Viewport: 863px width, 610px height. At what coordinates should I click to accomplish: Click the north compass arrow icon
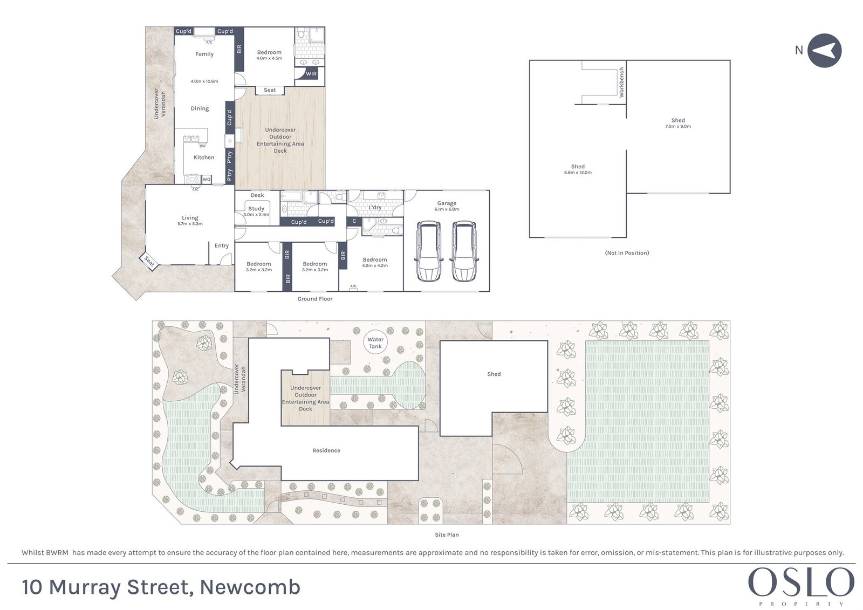[824, 51]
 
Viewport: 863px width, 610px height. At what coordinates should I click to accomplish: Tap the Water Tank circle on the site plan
[375, 342]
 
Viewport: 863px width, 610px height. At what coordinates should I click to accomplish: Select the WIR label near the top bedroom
[311, 73]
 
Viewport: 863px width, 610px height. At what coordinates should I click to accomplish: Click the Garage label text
[447, 203]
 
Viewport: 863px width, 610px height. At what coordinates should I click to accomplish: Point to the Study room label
[256, 209]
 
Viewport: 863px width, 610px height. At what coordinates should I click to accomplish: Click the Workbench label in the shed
[621, 82]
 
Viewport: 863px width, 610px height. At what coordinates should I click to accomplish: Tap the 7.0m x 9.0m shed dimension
[678, 126]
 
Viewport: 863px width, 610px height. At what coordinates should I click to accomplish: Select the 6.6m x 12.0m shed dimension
[578, 173]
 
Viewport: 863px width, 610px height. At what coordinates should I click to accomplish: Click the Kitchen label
[204, 157]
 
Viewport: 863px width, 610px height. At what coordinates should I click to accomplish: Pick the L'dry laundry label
[375, 207]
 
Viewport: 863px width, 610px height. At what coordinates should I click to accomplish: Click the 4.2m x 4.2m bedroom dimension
[375, 265]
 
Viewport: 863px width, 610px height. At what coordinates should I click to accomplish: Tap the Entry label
[222, 245]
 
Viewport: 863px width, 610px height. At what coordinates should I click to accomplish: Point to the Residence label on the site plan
[326, 450]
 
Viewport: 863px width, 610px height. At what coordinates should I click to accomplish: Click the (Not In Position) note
[627, 253]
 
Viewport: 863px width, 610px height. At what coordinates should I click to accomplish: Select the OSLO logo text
[801, 582]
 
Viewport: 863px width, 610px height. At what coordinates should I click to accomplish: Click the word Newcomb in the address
[250, 587]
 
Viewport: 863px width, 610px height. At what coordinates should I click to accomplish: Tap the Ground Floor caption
[315, 299]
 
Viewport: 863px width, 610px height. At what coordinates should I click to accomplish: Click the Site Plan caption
[447, 534]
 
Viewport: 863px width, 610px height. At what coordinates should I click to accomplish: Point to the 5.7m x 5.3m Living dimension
[190, 223]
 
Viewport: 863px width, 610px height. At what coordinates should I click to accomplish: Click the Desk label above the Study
[257, 195]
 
